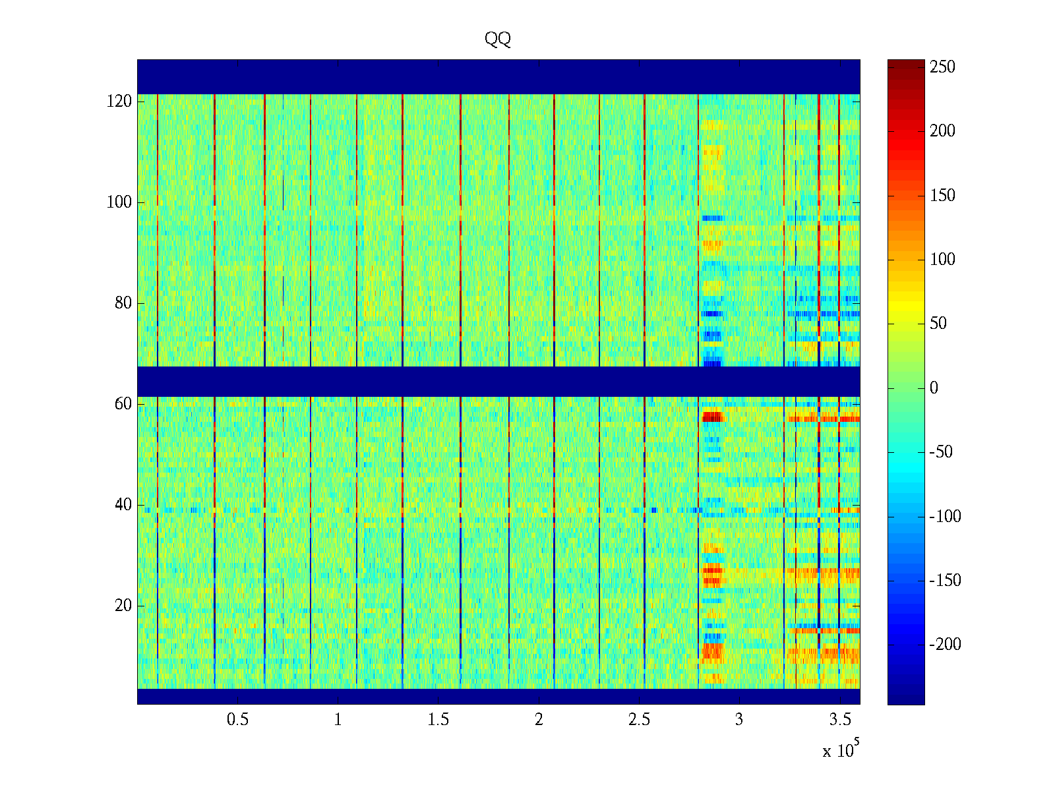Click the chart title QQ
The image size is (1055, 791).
coord(498,40)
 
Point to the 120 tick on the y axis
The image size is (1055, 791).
coord(119,102)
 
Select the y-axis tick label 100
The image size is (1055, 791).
coord(119,202)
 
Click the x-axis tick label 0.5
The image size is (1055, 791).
coord(238,720)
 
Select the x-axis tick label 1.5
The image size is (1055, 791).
coord(438,720)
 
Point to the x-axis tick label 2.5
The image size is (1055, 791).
coord(639,720)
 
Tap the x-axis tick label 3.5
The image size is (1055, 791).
coord(840,720)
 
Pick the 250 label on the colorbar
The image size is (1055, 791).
coord(942,67)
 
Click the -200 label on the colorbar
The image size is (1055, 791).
coord(946,645)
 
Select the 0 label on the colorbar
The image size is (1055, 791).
coord(934,388)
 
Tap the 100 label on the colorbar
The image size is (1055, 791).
coord(942,260)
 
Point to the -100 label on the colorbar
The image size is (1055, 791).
coord(946,516)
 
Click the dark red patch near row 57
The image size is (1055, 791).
coord(712,417)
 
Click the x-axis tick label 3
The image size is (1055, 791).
coord(739,720)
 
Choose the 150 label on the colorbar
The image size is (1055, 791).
coord(942,196)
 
